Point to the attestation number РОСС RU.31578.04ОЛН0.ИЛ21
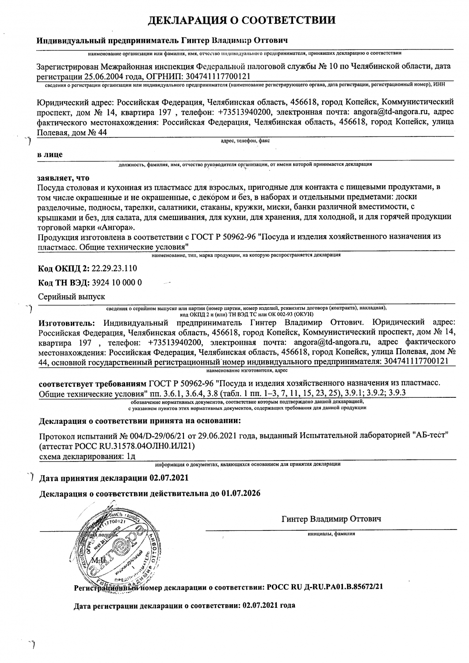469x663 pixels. (132, 446)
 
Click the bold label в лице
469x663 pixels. (50, 155)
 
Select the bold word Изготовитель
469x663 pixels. (66, 321)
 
